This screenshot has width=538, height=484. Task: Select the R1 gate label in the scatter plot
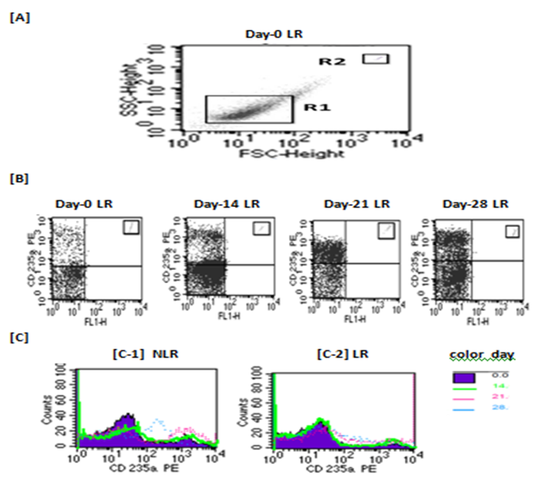coord(314,111)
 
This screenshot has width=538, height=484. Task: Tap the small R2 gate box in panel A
coord(377,58)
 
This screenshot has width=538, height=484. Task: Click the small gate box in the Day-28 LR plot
coord(513,231)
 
